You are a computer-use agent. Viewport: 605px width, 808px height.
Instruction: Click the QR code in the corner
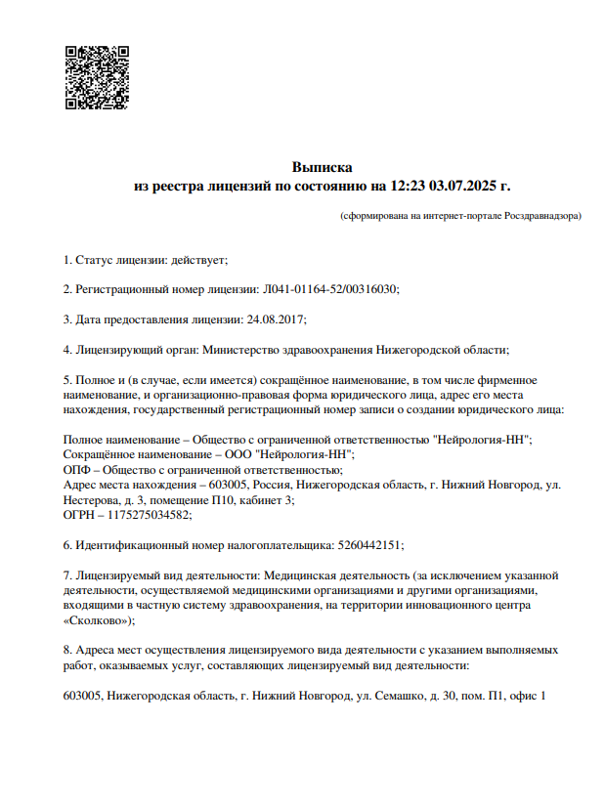click(x=96, y=77)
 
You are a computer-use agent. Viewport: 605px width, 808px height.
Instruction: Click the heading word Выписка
click(x=322, y=167)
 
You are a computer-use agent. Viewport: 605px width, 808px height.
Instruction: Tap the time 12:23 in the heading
click(x=410, y=185)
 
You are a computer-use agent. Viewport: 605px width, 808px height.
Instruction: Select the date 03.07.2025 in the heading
click(x=464, y=185)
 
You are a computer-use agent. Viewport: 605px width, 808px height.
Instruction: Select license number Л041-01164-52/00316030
click(x=330, y=289)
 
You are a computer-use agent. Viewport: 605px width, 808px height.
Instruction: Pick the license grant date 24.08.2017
click(x=278, y=319)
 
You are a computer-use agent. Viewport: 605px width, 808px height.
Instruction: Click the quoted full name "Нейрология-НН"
click(x=483, y=441)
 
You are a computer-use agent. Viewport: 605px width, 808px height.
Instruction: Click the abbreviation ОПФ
click(x=76, y=469)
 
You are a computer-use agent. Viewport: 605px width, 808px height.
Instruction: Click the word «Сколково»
click(x=97, y=619)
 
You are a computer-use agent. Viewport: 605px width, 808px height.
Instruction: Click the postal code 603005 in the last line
click(x=82, y=695)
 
